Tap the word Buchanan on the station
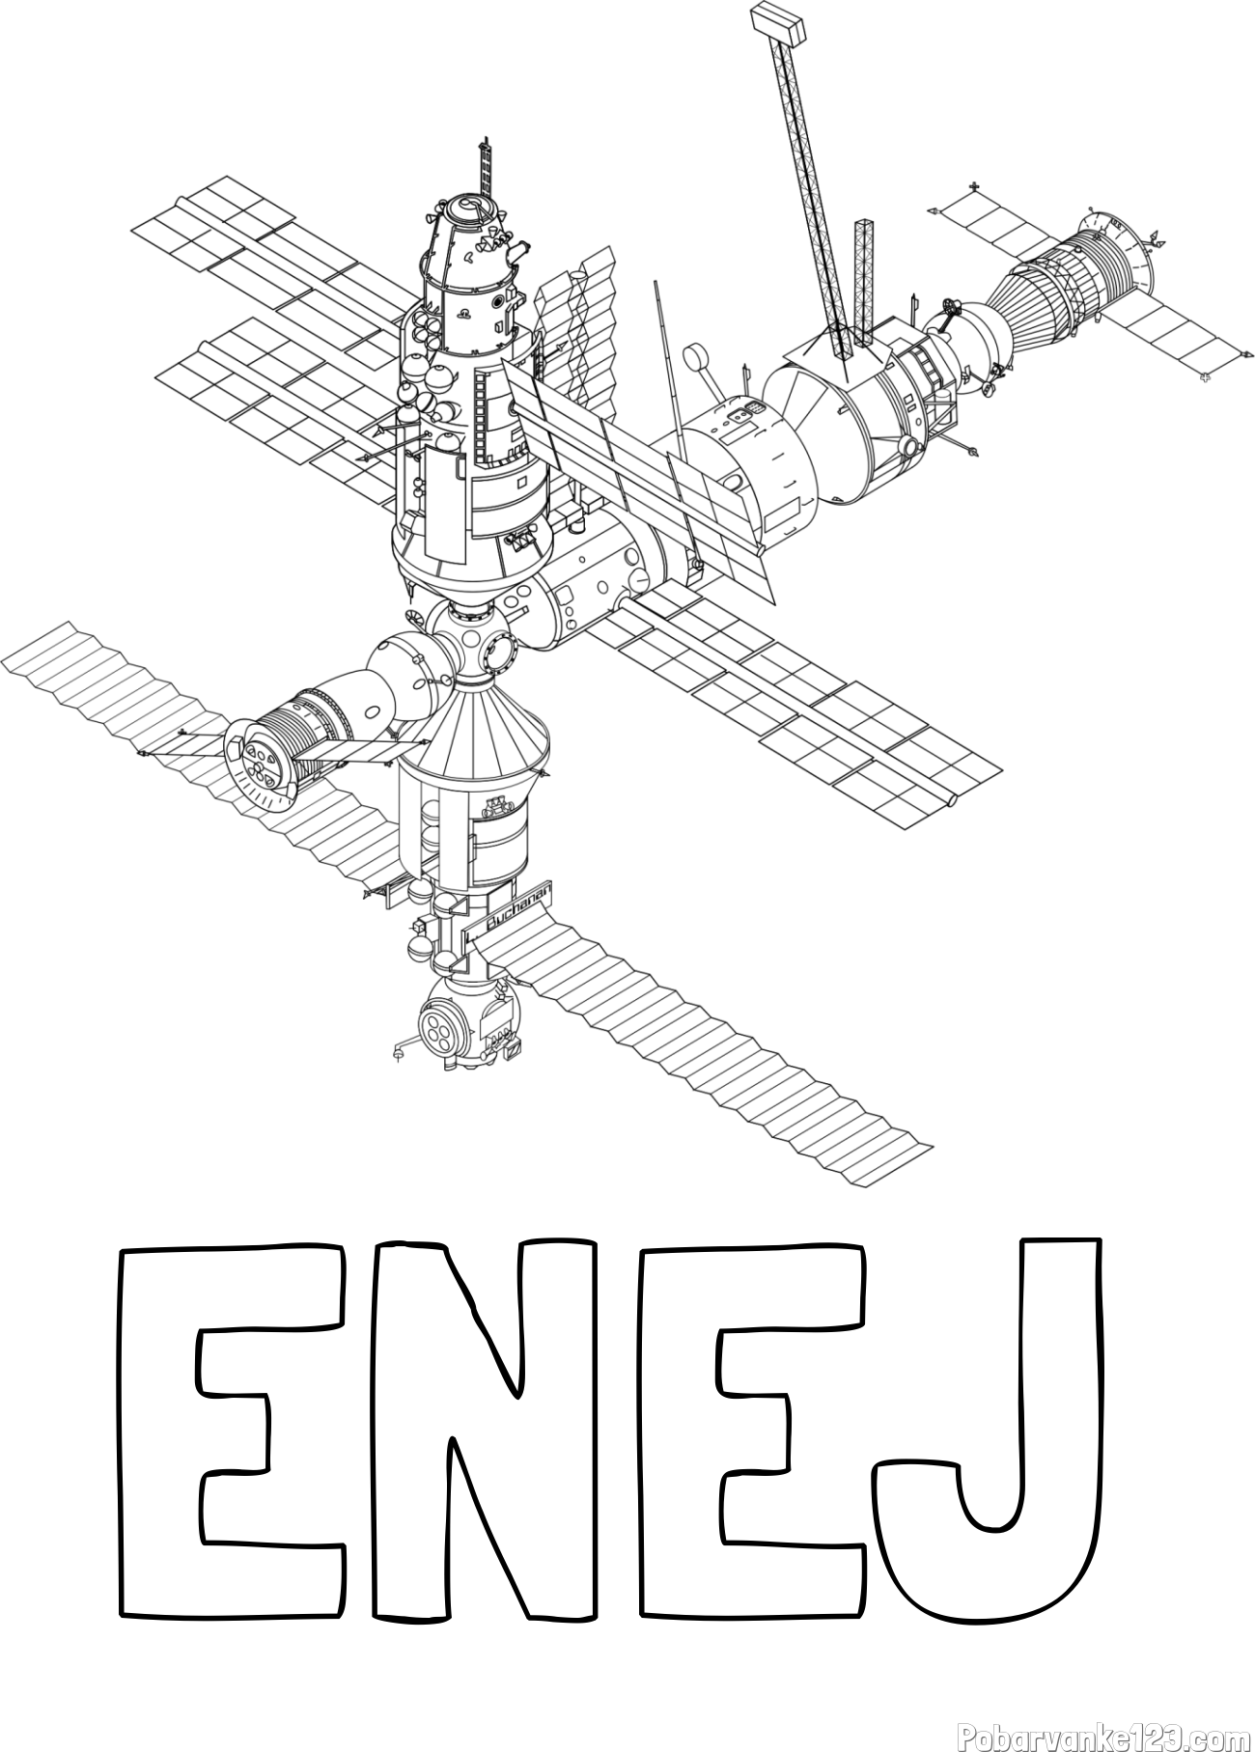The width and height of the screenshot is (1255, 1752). coord(518,909)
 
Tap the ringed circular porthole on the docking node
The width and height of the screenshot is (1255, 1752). coord(503,653)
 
